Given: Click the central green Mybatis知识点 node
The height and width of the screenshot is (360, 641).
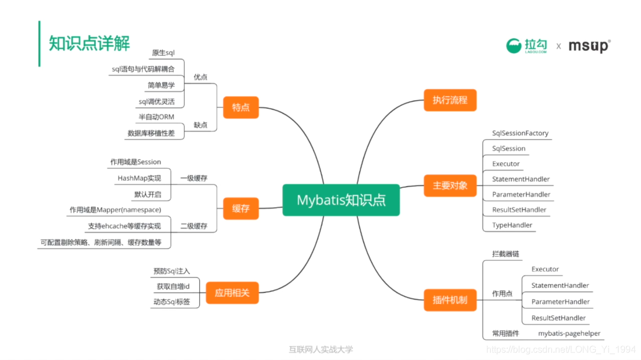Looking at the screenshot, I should [x=341, y=200].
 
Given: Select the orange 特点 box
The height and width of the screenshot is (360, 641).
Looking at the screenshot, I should [x=241, y=107].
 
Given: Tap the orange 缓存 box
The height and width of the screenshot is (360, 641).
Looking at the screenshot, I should [x=241, y=209].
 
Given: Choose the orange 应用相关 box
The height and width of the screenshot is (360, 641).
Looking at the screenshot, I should [x=232, y=292].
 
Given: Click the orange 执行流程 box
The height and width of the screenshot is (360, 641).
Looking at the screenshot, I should [x=450, y=100].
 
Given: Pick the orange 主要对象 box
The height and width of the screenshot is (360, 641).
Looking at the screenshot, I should [x=450, y=185].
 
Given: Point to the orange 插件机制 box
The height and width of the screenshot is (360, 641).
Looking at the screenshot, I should [x=450, y=300].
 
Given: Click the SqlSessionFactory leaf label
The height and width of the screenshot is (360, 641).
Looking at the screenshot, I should [x=520, y=133].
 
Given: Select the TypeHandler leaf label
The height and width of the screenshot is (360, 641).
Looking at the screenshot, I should [x=512, y=225].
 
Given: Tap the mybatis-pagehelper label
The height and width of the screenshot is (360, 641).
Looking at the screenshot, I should [x=569, y=333].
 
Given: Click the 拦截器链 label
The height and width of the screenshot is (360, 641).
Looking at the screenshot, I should [x=501, y=254].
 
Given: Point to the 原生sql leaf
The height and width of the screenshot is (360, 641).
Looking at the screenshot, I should [x=163, y=53].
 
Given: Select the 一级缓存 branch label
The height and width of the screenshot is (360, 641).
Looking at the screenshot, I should [x=193, y=178].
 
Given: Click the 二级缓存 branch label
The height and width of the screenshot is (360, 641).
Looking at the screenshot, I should [x=193, y=226].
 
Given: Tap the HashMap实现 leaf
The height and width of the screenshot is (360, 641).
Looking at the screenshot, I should [x=139, y=178].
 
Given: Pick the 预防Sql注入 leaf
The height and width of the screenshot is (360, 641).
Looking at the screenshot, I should [x=172, y=271].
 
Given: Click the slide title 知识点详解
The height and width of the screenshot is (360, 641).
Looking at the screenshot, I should [x=90, y=43].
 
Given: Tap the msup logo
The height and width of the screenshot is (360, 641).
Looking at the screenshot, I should [x=589, y=46].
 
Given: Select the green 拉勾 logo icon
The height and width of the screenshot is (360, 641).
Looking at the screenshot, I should [x=513, y=46].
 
